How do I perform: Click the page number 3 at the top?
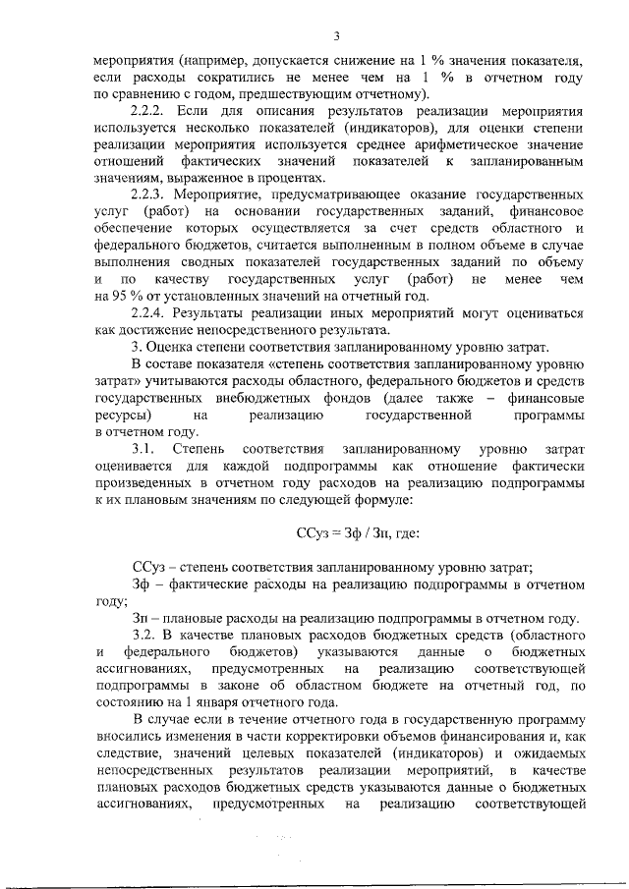(336, 37)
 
